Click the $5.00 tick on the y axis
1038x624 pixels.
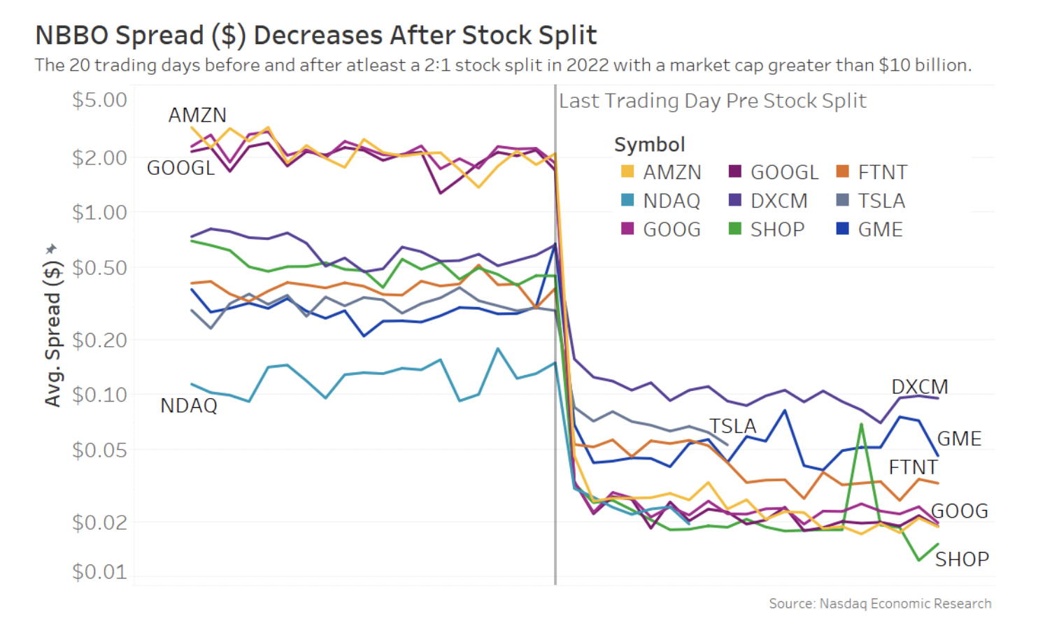coord(99,100)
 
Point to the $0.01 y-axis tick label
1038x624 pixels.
coord(99,572)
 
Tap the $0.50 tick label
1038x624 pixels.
coord(99,268)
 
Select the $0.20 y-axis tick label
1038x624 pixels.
coord(99,340)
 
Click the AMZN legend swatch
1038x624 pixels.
coord(627,171)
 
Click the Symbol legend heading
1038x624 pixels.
coord(649,144)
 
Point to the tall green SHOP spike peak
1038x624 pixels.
coord(861,424)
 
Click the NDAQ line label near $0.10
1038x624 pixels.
coord(189,406)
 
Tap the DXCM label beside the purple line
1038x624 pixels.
coord(919,387)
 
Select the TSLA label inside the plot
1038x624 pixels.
coord(732,426)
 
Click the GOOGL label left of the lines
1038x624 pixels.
coord(180,168)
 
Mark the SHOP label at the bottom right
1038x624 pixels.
coord(962,559)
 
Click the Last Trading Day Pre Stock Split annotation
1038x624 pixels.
coord(712,101)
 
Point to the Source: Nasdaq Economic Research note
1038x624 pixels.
coord(880,603)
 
